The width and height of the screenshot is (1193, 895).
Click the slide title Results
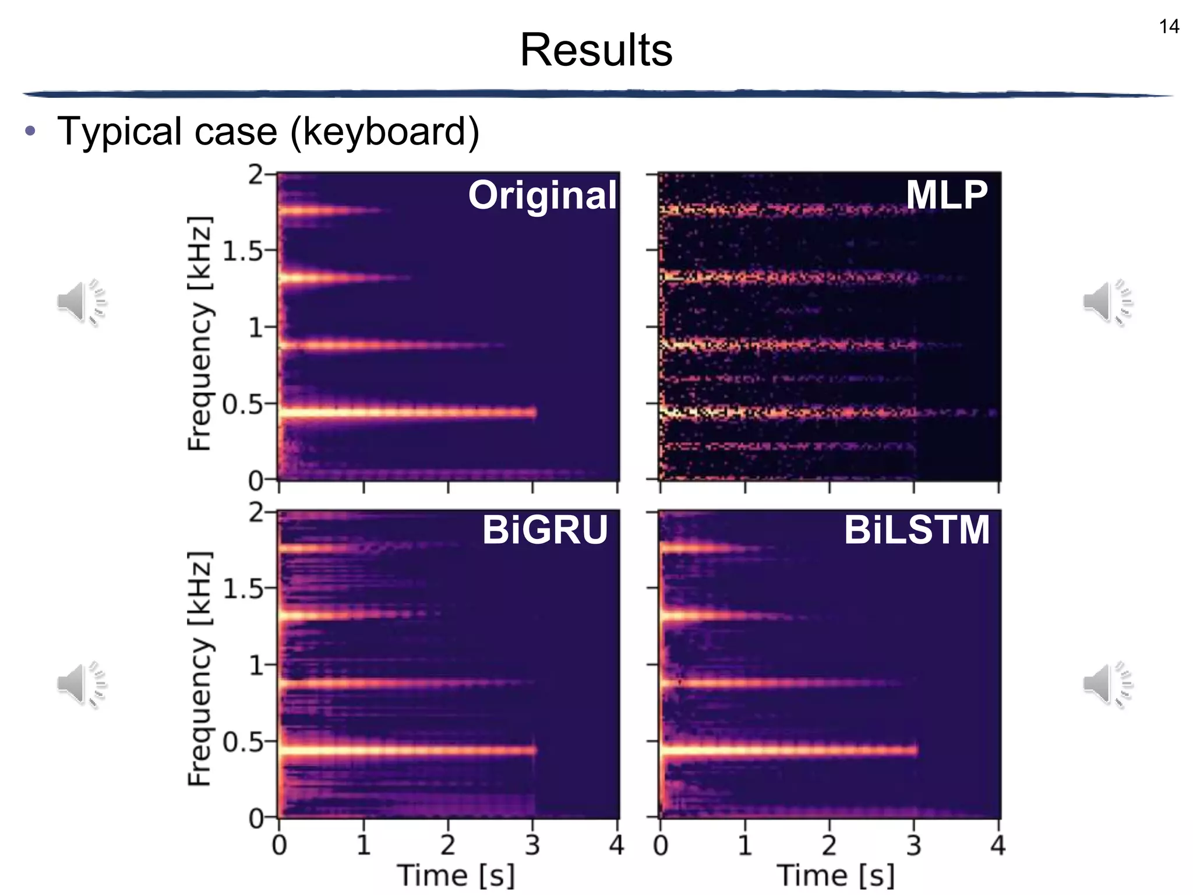tap(596, 50)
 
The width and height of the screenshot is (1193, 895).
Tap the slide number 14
tap(1169, 27)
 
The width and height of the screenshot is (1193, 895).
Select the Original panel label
tap(542, 195)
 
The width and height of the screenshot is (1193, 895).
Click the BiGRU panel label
tap(545, 530)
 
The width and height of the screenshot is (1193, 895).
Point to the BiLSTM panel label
tap(916, 530)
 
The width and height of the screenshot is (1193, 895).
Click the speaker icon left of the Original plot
tap(82, 302)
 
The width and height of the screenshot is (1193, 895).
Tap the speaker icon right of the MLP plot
tap(1107, 302)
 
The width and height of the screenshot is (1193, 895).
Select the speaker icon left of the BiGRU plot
tap(82, 684)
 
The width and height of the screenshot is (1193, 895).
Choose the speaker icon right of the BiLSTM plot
tap(1107, 684)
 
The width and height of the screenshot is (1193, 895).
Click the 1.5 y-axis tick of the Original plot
tap(242, 251)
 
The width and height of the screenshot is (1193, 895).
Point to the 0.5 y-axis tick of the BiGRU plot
tap(242, 742)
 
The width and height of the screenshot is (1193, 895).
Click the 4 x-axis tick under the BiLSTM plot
tap(998, 845)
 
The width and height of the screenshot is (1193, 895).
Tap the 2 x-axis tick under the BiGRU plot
tap(447, 845)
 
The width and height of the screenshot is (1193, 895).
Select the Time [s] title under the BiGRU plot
tap(456, 876)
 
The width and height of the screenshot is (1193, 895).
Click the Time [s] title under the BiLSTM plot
tap(836, 876)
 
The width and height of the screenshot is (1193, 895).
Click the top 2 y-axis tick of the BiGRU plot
tap(256, 512)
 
